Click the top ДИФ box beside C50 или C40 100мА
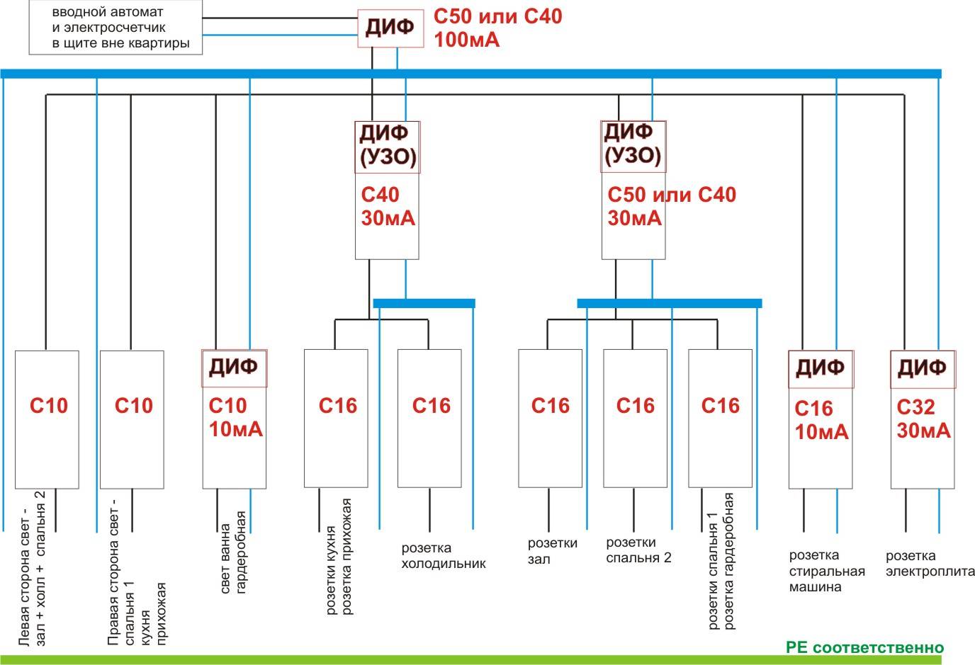click(x=389, y=28)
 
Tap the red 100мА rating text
click(x=466, y=40)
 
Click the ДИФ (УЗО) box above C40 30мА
click(x=387, y=147)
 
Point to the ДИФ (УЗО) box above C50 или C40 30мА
click(x=633, y=146)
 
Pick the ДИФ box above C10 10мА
click(x=234, y=368)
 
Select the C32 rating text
click(x=915, y=407)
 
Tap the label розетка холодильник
click(x=444, y=556)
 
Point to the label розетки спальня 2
click(x=638, y=550)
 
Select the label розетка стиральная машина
click(x=827, y=572)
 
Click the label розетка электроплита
click(x=930, y=564)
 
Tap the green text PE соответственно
click(x=864, y=648)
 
